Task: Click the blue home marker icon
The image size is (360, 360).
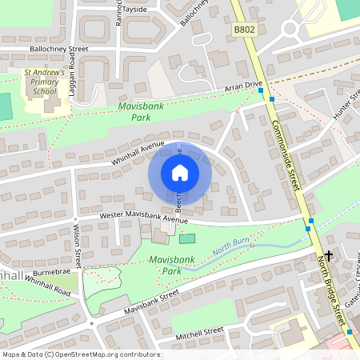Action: pos(180,173)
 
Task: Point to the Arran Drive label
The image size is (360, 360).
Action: pos(243,85)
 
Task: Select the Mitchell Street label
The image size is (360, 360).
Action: pos(199,331)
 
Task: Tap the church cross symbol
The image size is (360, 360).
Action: pos(328,254)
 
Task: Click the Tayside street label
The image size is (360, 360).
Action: pos(134,10)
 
